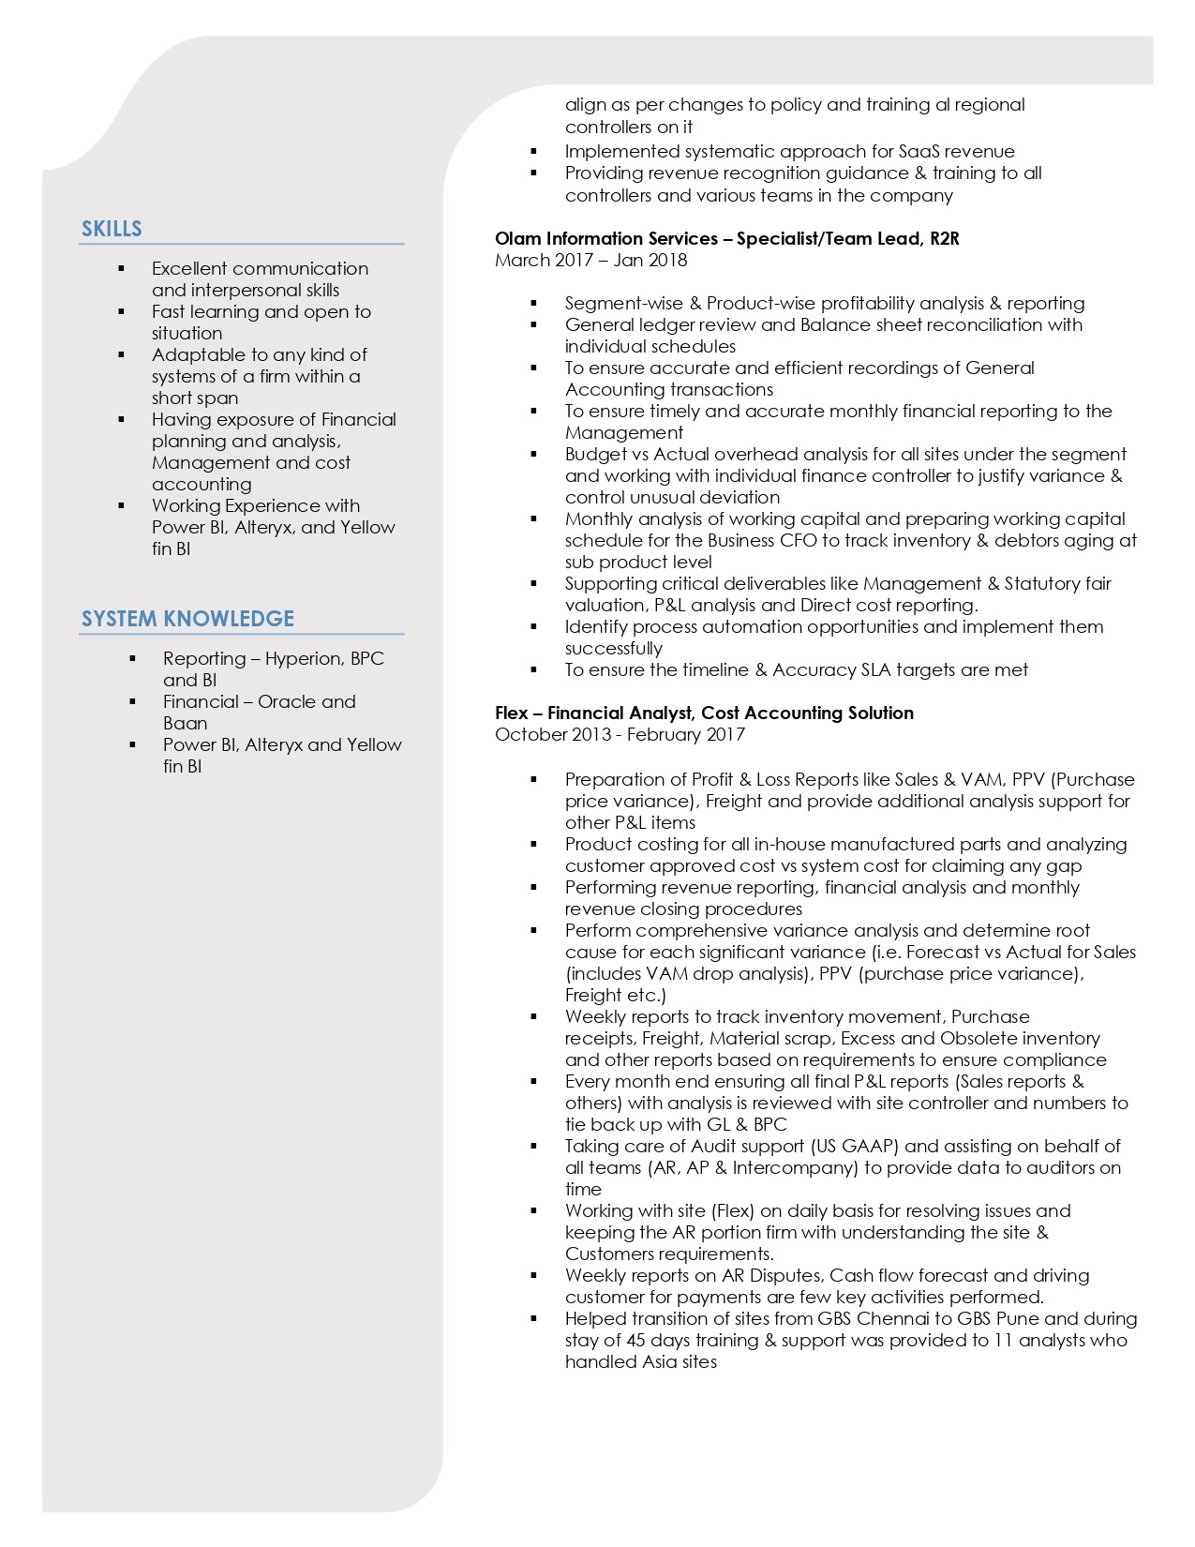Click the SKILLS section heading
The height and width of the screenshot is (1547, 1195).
112,229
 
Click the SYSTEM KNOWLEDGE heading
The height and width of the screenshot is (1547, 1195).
187,619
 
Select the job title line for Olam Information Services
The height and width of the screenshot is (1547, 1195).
726,238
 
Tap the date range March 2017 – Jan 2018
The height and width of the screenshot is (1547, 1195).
590,260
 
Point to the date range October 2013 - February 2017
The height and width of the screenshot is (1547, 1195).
620,734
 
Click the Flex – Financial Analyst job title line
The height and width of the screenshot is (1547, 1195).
704,713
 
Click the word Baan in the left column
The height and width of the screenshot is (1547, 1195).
185,723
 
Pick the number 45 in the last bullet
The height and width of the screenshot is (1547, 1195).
636,1340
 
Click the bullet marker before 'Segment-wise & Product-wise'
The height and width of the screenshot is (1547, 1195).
533,303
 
